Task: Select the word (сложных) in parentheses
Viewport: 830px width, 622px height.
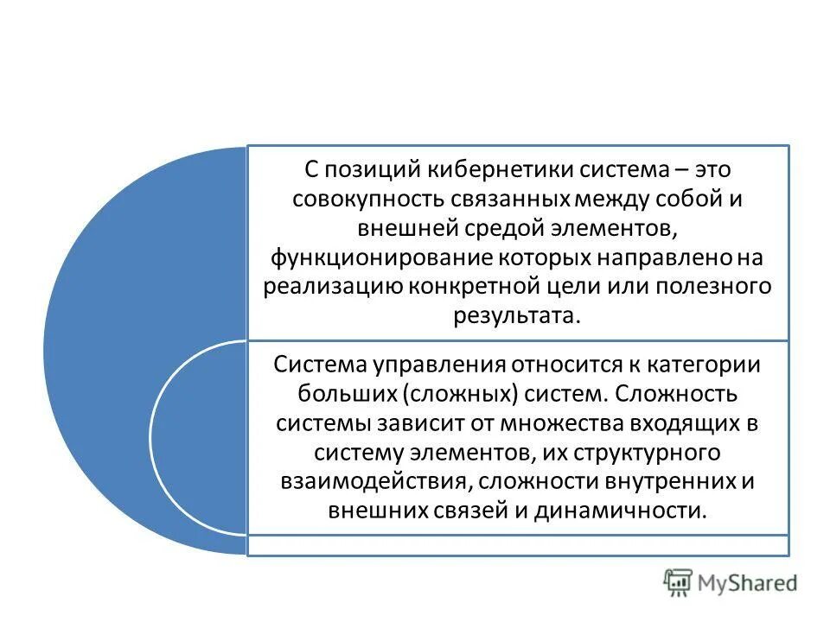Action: (459, 394)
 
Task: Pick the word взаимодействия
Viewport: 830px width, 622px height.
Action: (375, 480)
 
